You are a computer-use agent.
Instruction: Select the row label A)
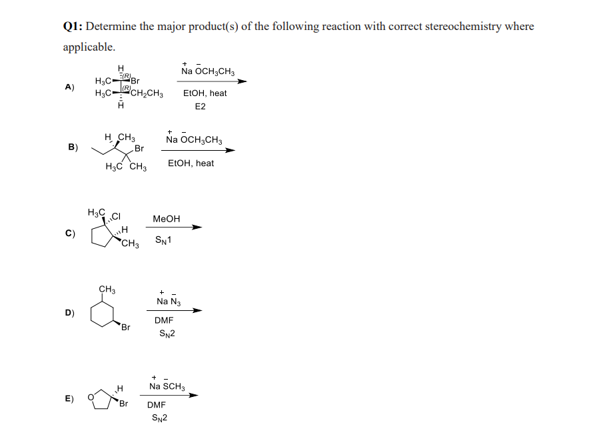tap(69, 87)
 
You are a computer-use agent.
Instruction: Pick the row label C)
tap(69, 234)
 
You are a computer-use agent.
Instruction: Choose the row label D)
tap(69, 312)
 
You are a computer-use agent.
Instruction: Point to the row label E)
tap(69, 400)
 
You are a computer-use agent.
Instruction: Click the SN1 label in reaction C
tap(164, 240)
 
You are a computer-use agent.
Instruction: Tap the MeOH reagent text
tap(166, 218)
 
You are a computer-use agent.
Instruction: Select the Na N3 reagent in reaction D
tap(167, 302)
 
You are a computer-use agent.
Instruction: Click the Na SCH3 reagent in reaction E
tap(167, 386)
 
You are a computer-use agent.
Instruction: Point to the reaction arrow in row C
tap(168, 228)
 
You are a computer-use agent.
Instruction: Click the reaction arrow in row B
tap(197, 150)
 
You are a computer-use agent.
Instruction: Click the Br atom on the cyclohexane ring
tap(125, 328)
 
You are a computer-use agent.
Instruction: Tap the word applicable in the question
tap(88, 47)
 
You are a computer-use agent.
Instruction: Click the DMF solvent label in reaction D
tap(164, 321)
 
